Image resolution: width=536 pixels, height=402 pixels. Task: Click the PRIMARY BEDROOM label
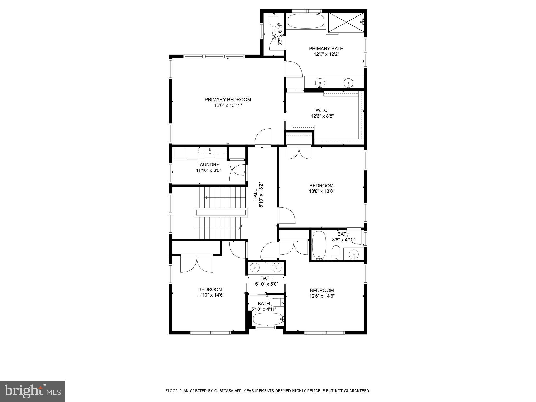point(228,100)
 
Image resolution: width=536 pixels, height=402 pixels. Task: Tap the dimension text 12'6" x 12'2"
point(326,54)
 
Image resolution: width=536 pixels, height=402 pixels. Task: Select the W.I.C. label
point(322,110)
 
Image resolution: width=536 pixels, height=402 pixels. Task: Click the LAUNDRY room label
point(208,165)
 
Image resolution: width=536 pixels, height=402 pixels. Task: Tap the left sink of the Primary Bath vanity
point(320,83)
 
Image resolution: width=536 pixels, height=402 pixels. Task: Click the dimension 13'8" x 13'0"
point(322,191)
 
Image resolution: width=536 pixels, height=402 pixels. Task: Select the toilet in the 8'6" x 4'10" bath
point(336,252)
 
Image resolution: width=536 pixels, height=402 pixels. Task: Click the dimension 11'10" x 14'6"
point(210,295)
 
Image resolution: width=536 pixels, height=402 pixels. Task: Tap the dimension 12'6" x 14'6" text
point(322,296)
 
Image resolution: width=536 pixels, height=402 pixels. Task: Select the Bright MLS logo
point(33,391)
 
